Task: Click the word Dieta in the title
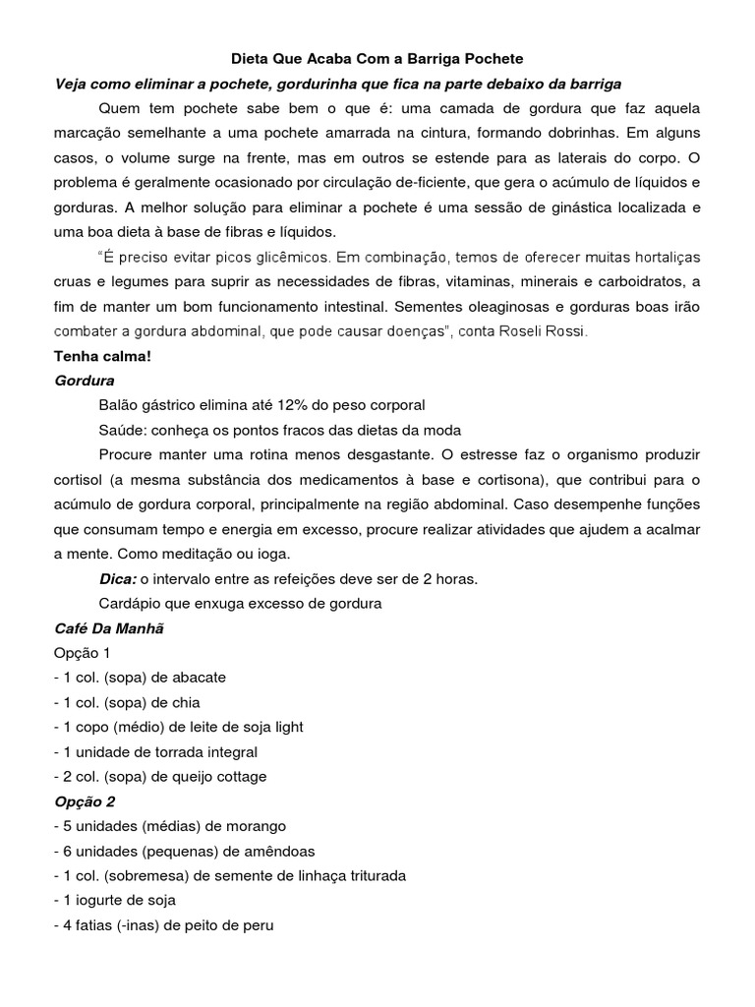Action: pyautogui.click(x=236, y=59)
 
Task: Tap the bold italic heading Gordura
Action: pyautogui.click(x=85, y=381)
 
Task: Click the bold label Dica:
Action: pyautogui.click(x=118, y=578)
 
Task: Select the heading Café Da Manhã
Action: pyautogui.click(x=108, y=627)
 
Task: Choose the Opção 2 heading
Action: pyautogui.click(x=86, y=801)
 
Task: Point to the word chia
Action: pyautogui.click(x=186, y=702)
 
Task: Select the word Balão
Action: pyautogui.click(x=119, y=405)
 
